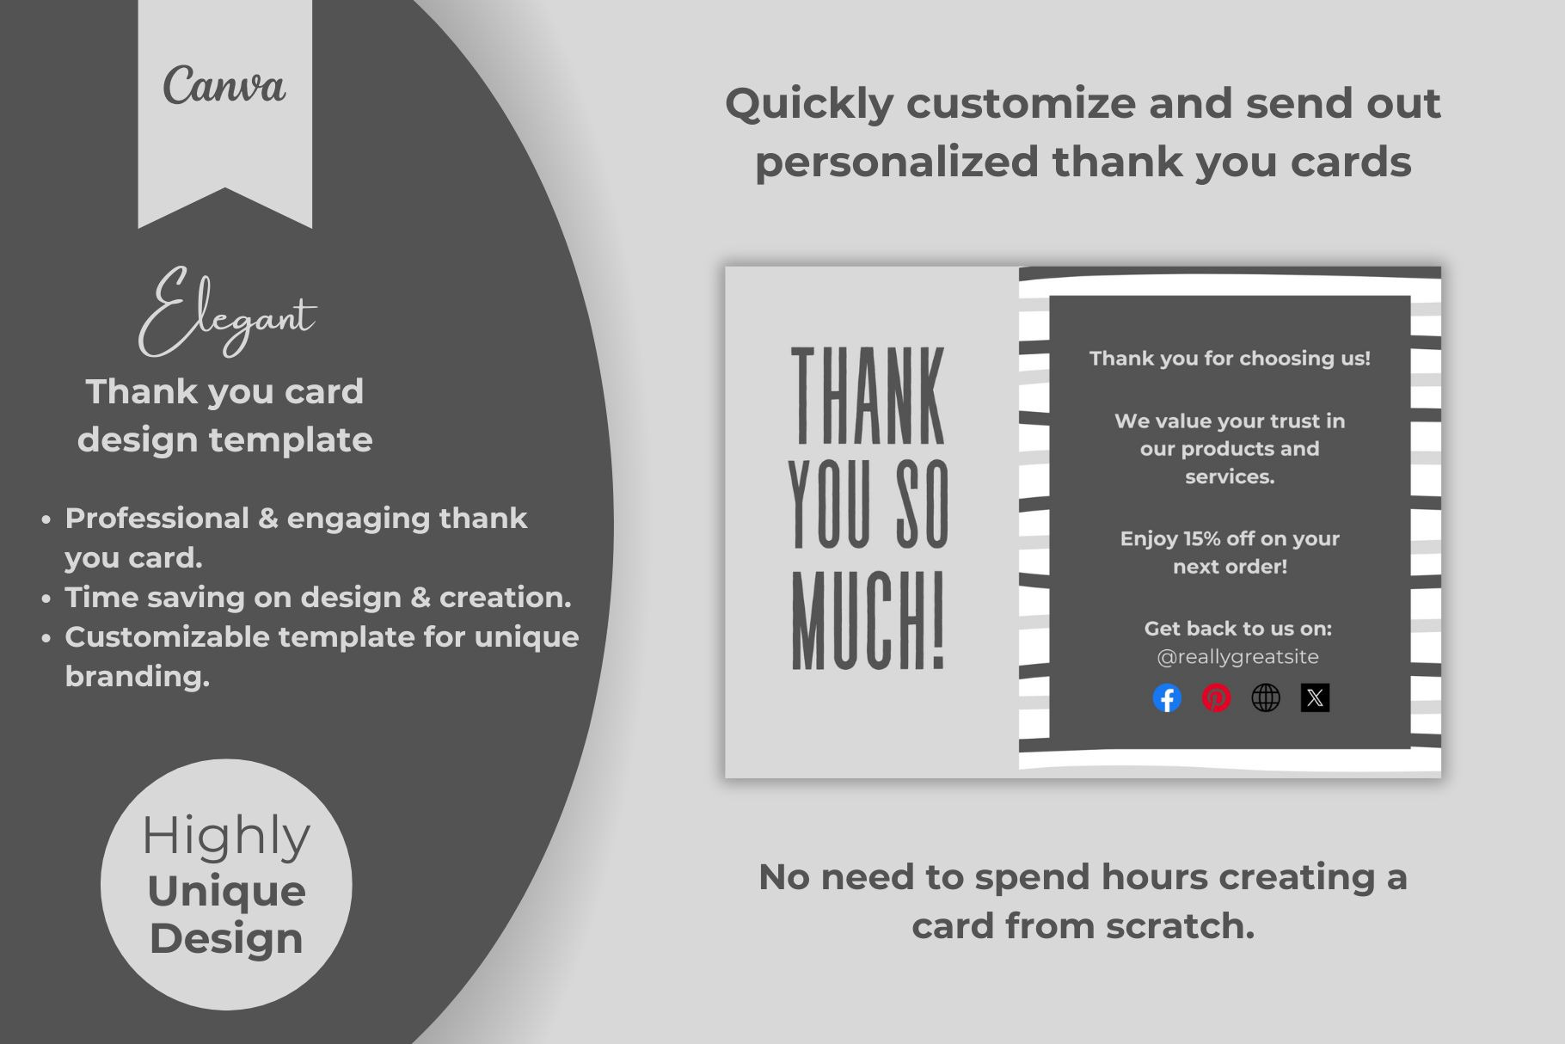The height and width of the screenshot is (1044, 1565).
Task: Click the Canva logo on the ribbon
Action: [x=224, y=85]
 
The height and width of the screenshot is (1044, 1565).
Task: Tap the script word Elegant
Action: [x=227, y=311]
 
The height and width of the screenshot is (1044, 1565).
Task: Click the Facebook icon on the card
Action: [x=1167, y=697]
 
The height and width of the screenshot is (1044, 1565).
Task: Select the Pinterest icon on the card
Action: [x=1216, y=697]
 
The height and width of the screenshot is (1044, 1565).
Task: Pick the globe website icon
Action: [x=1266, y=697]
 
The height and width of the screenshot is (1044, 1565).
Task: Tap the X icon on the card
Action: [x=1315, y=697]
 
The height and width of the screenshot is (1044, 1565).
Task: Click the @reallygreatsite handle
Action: [x=1237, y=657]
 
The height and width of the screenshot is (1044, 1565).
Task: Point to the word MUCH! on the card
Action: [x=868, y=619]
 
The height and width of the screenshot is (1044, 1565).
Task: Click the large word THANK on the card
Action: [x=868, y=396]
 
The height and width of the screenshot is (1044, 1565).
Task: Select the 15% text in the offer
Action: [x=1203, y=538]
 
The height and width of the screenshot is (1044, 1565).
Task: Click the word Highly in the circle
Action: [x=226, y=836]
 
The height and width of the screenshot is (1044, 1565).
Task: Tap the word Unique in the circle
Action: [x=226, y=891]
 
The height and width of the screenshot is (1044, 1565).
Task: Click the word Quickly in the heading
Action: [x=810, y=105]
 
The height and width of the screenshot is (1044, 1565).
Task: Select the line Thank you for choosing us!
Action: [x=1230, y=359]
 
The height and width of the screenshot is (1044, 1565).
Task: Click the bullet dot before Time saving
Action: [x=46, y=599]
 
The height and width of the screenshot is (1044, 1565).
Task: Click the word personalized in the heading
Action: [x=897, y=163]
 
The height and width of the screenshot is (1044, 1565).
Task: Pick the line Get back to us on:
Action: [x=1237, y=629]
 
